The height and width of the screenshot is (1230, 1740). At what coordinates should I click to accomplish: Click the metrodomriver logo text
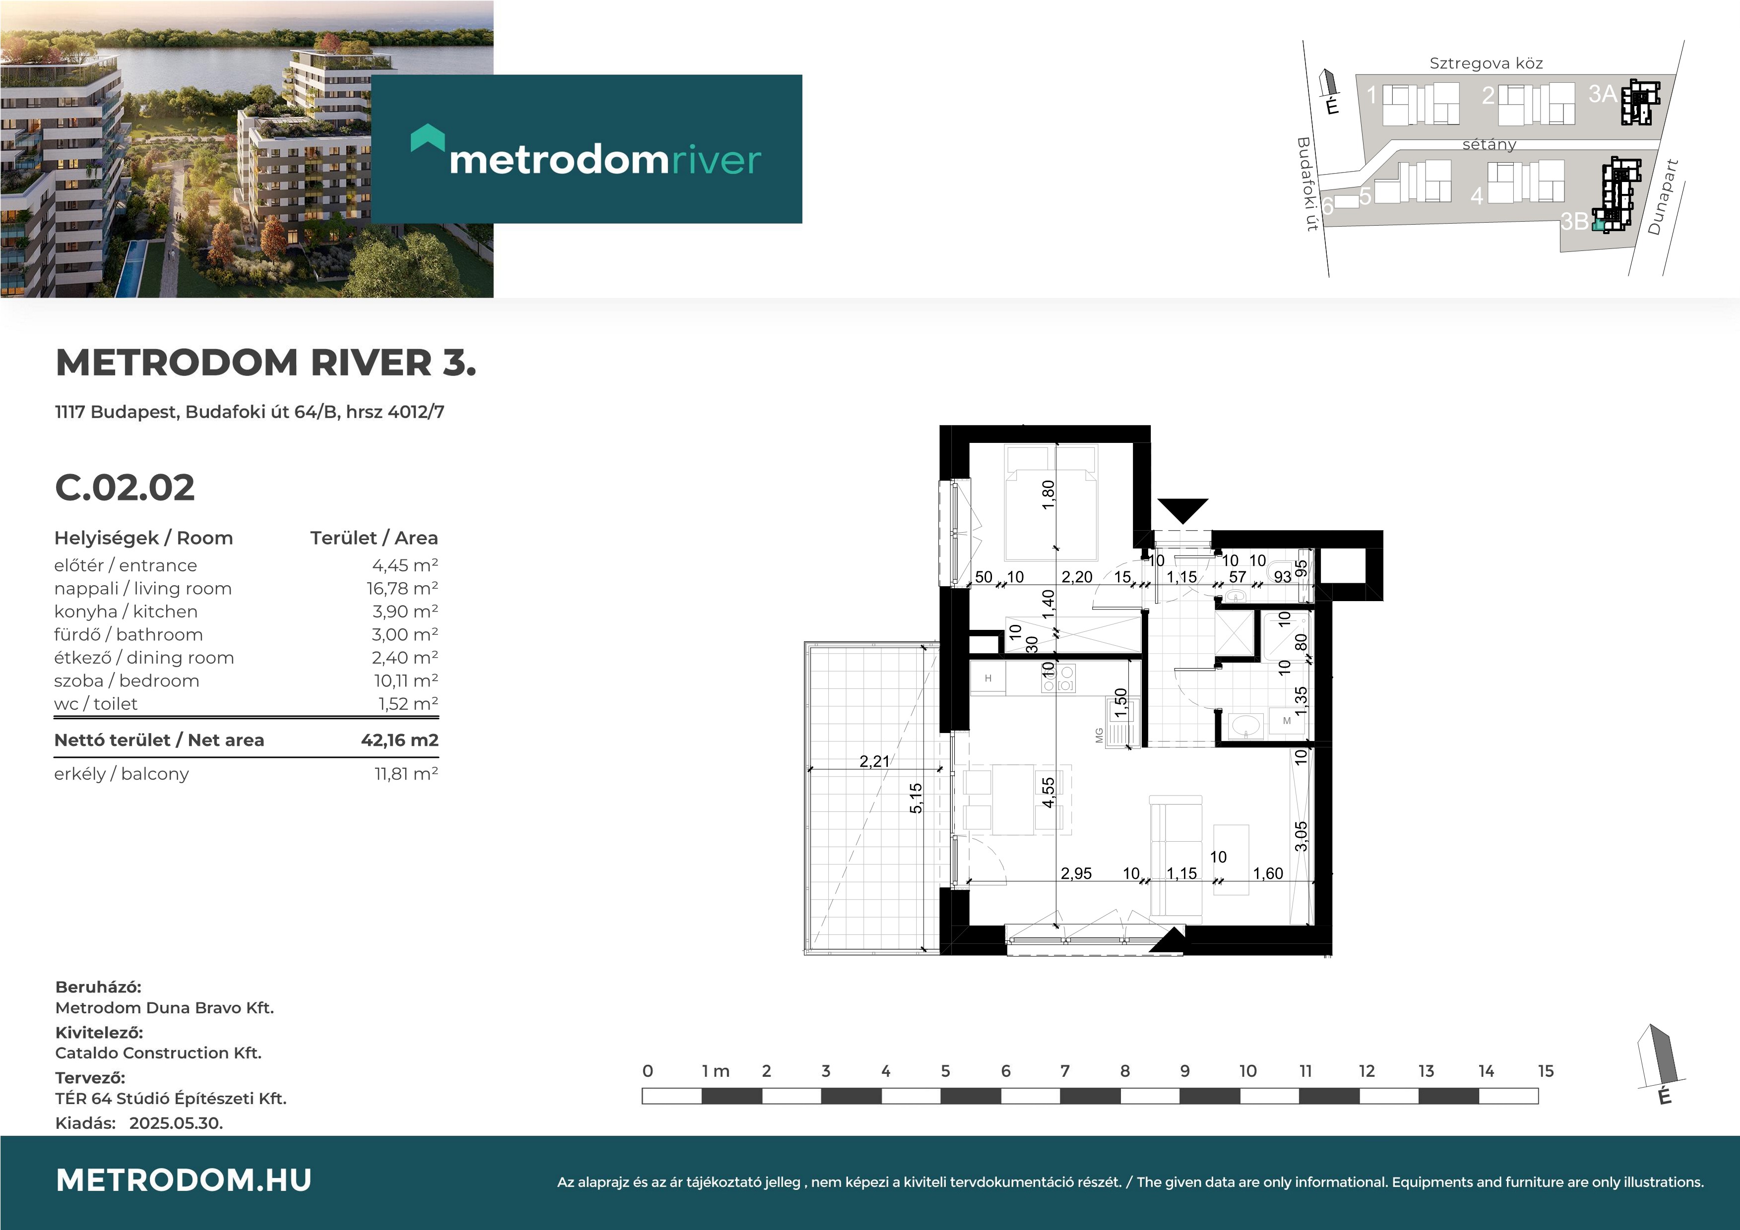(605, 160)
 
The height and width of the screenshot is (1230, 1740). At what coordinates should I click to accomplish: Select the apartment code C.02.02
(125, 488)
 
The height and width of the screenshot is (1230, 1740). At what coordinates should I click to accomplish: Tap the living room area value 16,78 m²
(402, 589)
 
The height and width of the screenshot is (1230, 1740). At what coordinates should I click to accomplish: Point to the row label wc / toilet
(96, 704)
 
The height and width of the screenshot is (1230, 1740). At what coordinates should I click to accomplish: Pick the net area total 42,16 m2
(399, 740)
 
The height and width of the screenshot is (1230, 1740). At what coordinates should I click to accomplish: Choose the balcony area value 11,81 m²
(406, 774)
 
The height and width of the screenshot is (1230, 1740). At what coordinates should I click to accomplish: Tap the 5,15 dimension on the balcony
(916, 798)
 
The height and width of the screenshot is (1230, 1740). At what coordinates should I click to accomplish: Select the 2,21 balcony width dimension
(874, 761)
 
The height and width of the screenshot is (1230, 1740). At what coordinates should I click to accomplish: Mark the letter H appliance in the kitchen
(988, 678)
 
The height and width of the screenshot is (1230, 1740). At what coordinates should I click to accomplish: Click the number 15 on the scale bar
(1546, 1071)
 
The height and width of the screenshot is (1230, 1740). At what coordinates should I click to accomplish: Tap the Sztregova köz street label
(1486, 63)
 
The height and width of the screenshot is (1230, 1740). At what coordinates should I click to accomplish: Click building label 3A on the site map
(1603, 94)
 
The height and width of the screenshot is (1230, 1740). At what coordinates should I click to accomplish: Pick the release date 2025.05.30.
(176, 1123)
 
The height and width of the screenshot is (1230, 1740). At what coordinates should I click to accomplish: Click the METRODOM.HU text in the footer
(184, 1180)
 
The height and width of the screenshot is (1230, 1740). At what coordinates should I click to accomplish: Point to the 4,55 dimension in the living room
(1048, 793)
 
